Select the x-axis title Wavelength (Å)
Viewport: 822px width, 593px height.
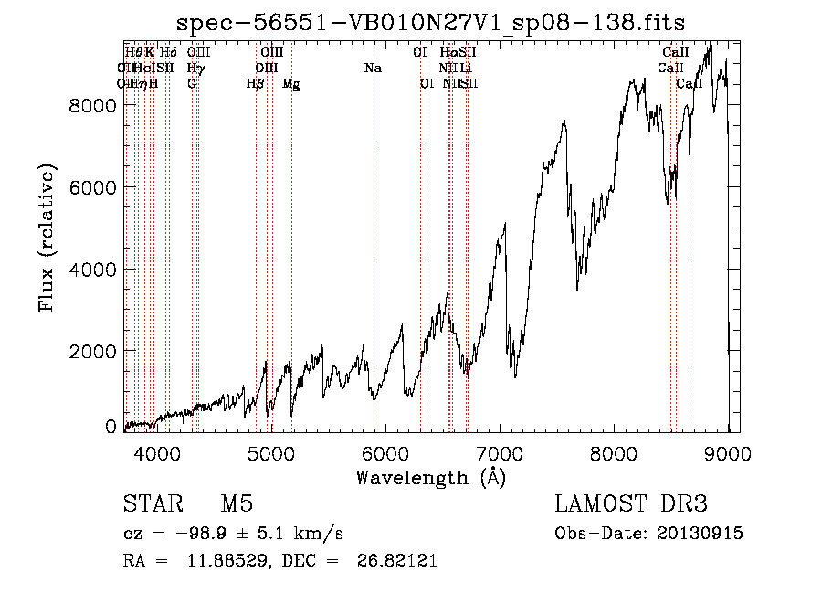point(431,477)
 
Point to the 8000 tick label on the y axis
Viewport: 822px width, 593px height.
point(93,105)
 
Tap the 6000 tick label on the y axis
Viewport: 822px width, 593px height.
point(93,187)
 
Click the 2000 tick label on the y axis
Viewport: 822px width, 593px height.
point(93,352)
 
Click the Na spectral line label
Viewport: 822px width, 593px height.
point(373,68)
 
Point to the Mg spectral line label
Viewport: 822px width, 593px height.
point(291,84)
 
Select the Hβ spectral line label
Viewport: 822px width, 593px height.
point(256,83)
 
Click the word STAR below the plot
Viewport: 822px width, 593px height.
point(153,505)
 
